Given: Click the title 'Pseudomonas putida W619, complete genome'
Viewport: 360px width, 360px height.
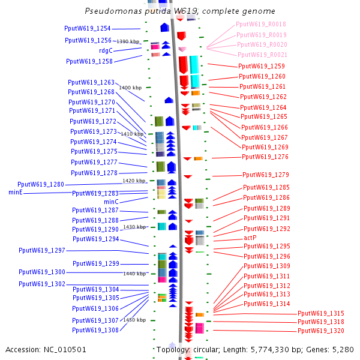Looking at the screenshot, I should [x=180, y=11].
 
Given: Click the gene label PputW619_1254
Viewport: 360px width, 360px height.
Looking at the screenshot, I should [x=88, y=29].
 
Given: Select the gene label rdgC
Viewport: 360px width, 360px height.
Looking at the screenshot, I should [x=106, y=50].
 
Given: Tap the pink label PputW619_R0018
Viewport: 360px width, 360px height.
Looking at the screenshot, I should [x=261, y=25].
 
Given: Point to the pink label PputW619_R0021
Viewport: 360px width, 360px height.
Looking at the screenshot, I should [x=262, y=55].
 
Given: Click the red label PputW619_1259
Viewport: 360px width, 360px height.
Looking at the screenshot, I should [x=261, y=66].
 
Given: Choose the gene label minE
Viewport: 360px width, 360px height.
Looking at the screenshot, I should [x=16, y=193].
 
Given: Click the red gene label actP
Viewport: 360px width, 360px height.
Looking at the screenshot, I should [x=250, y=238].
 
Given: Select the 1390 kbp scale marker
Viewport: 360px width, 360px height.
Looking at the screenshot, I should [x=128, y=41].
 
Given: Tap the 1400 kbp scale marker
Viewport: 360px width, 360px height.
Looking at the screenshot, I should [x=130, y=88].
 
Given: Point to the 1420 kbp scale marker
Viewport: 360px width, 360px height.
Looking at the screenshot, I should [x=134, y=181].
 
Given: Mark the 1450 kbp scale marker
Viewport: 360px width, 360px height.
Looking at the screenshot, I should [x=134, y=320].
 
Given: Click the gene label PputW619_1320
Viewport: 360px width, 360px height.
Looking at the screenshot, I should [x=321, y=331].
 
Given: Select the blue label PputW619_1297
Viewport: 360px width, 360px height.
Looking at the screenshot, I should [x=42, y=250].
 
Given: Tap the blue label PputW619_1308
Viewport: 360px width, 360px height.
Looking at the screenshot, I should [x=95, y=330].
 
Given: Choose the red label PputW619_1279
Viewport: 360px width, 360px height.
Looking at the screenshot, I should [x=266, y=175].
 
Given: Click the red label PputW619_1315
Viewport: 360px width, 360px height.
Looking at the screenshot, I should [x=321, y=313].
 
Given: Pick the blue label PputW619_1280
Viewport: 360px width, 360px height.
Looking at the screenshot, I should [x=41, y=184].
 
